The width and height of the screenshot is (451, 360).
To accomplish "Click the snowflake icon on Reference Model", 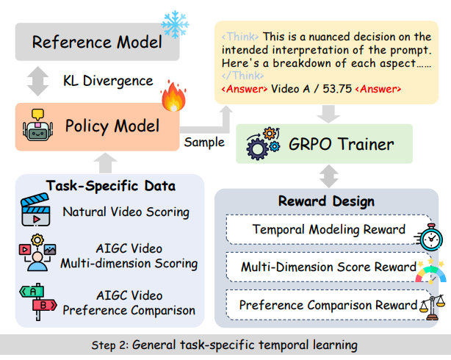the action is (175, 25).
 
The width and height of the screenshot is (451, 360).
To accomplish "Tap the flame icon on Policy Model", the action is (173, 96).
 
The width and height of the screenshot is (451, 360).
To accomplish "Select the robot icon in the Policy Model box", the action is (37, 125).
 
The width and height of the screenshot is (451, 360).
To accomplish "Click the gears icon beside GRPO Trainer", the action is (263, 143).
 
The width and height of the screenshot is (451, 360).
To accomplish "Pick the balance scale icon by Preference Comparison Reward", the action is (432, 307).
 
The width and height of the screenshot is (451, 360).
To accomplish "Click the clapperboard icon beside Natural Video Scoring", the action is (35, 210).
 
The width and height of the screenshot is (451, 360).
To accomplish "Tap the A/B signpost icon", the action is (38, 301).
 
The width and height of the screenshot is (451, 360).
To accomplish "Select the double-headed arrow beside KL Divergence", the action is (37, 81).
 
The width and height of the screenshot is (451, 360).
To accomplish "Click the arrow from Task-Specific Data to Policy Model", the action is (105, 163).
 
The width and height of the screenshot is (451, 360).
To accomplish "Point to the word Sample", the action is (204, 142).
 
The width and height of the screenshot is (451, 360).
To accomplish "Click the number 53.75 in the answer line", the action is (337, 89).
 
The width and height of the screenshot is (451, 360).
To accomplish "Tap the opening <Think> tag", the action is (240, 37).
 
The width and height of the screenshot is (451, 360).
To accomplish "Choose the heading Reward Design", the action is (326, 201).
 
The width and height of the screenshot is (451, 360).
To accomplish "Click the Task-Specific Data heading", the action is (110, 186).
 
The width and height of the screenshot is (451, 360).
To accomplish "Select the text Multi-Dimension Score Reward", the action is (328, 267).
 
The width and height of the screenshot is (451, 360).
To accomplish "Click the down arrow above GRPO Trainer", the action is (328, 114).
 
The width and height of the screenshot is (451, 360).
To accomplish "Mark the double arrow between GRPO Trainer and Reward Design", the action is (329, 176).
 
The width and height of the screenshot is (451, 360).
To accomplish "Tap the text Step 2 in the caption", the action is (110, 345).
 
